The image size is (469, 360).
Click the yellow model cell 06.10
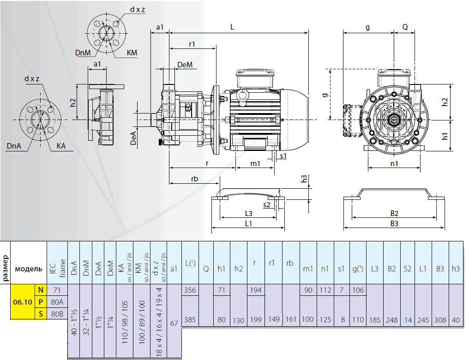pyautogui.click(x=23, y=302)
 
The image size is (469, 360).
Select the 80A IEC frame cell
pyautogui.click(x=57, y=302)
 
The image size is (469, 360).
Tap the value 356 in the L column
pyautogui.click(x=190, y=290)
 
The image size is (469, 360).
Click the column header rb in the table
pyautogui.click(x=290, y=263)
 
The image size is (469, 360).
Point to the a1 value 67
pyautogui.click(x=174, y=323)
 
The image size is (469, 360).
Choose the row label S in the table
pyautogui.click(x=41, y=314)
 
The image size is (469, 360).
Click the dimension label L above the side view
pyautogui.click(x=232, y=27)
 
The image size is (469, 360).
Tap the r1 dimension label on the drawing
pyautogui.click(x=192, y=44)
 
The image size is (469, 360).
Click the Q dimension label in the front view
pyautogui.click(x=405, y=27)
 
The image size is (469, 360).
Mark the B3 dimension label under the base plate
pyautogui.click(x=394, y=224)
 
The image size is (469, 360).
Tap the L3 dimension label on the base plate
pyautogui.click(x=248, y=213)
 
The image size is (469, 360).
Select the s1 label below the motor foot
pyautogui.click(x=283, y=156)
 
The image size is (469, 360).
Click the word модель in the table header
pyautogui.click(x=28, y=269)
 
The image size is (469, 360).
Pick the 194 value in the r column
pyautogui.click(x=255, y=290)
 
